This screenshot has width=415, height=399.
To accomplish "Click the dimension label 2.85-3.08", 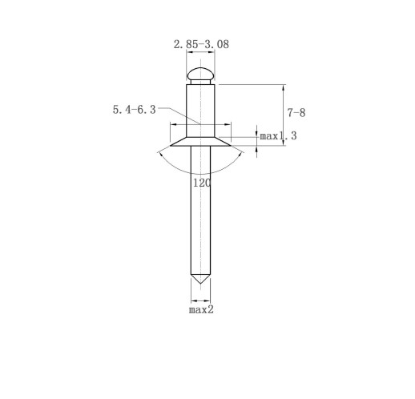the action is click(201, 44).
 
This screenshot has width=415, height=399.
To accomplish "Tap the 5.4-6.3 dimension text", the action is click(134, 110).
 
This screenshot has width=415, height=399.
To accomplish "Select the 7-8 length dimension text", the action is click(296, 113).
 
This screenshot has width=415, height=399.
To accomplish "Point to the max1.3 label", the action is click(278, 136).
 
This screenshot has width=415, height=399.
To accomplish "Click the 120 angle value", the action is click(202, 183).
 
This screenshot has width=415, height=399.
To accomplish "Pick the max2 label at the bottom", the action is click(201, 310).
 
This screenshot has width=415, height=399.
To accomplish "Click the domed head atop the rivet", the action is click(200, 74).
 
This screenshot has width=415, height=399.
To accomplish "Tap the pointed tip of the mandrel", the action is click(200, 284).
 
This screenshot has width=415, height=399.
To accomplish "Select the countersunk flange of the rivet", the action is click(200, 142).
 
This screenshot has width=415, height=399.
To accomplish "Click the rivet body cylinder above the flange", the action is click(200, 111).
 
